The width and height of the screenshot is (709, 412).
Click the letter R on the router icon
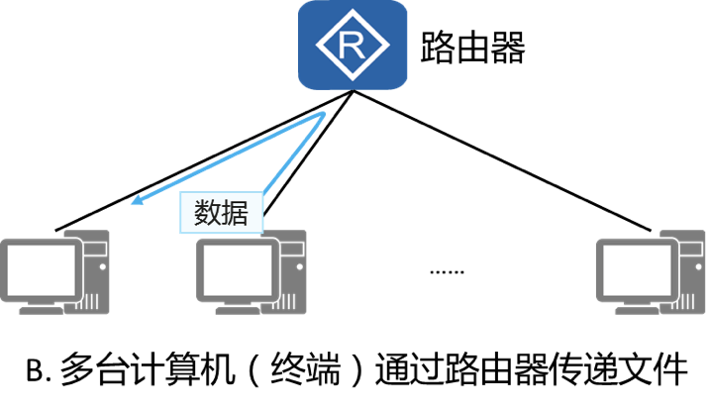pyautogui.click(x=353, y=45)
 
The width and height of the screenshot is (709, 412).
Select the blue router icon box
pyautogui.click(x=353, y=45)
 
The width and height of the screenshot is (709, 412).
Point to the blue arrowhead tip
pyautogui.click(x=132, y=205)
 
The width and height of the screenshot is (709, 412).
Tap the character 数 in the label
pyautogui.click(x=207, y=213)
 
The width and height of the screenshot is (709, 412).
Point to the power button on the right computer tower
pyautogui.click(x=695, y=264)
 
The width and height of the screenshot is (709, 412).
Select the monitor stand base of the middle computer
pyautogui.click(x=236, y=308)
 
